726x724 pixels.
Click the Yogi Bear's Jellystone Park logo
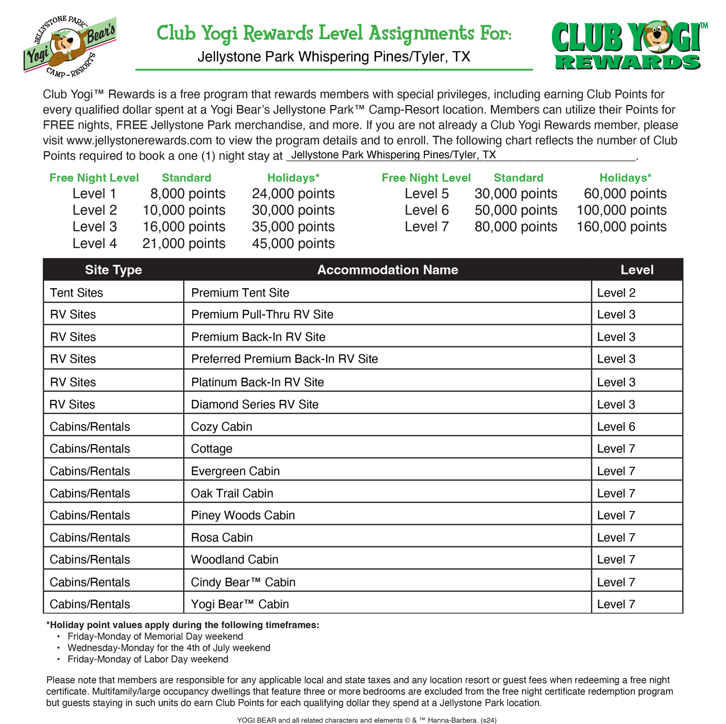pyautogui.click(x=69, y=46)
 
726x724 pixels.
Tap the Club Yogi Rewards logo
pyautogui.click(x=628, y=46)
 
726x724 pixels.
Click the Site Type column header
pyautogui.click(x=113, y=270)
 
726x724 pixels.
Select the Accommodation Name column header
pyautogui.click(x=387, y=270)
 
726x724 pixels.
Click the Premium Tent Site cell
pyautogui.click(x=240, y=293)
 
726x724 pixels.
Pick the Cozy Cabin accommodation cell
pyautogui.click(x=221, y=427)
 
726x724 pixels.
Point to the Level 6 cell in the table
pyautogui.click(x=616, y=427)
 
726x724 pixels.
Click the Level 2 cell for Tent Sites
pyautogui.click(x=616, y=293)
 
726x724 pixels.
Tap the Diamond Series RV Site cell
pyautogui.click(x=255, y=404)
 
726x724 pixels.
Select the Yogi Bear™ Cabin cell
pyautogui.click(x=240, y=604)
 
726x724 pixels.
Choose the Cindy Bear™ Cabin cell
pyautogui.click(x=243, y=582)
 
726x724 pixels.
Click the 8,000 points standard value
pyautogui.click(x=187, y=194)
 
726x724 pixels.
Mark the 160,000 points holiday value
pyautogui.click(x=621, y=227)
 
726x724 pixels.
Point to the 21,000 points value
pyautogui.click(x=183, y=243)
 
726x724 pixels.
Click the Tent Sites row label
pyautogui.click(x=76, y=293)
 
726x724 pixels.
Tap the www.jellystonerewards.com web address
pyautogui.click(x=139, y=140)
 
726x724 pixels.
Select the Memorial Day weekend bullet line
pyautogui.click(x=155, y=636)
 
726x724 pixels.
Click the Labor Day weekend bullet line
pyautogui.click(x=148, y=659)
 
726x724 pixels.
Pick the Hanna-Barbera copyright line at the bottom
pyautogui.click(x=366, y=720)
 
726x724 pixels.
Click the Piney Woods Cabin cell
pyautogui.click(x=242, y=515)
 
